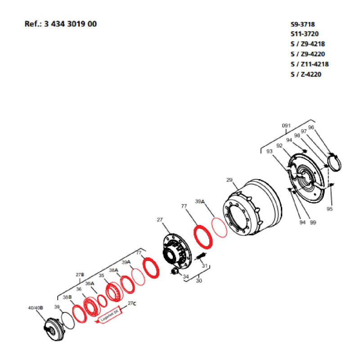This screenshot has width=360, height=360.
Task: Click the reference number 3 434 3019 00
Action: point(70,24)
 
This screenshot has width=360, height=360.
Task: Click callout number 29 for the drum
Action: point(229,180)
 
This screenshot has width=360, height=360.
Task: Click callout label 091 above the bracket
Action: point(287,126)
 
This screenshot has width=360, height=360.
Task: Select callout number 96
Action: point(323,128)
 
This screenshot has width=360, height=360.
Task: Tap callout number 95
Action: point(329,209)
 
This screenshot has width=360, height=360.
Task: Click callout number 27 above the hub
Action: point(159,220)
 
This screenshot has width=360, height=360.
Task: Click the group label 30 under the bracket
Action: point(198,280)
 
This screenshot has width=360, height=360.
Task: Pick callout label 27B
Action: point(79,274)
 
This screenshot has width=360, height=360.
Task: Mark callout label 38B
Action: point(67,298)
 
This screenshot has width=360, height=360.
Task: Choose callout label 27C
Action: point(131,303)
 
